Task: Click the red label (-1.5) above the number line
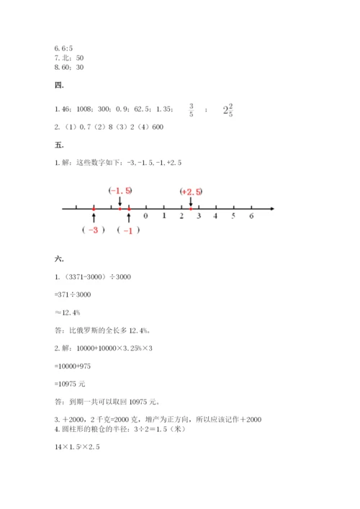120,191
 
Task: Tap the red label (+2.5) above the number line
191,192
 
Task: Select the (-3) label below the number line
94,230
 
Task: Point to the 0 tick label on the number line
146,216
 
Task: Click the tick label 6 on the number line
251,216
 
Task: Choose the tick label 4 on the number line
216,216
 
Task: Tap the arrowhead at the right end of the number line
271,209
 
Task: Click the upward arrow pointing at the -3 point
94,217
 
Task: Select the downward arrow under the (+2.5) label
190,202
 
